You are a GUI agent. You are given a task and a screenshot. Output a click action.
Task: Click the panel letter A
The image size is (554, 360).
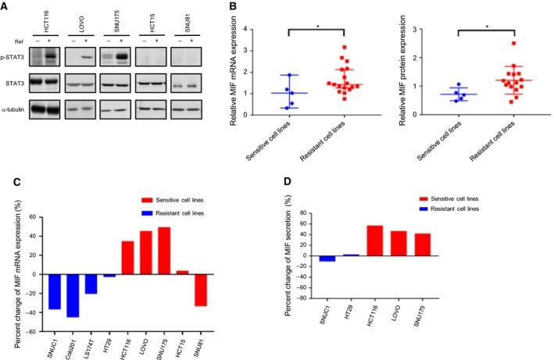point(5,6)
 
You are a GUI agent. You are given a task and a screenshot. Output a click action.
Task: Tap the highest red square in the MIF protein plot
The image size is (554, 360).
point(513,44)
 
